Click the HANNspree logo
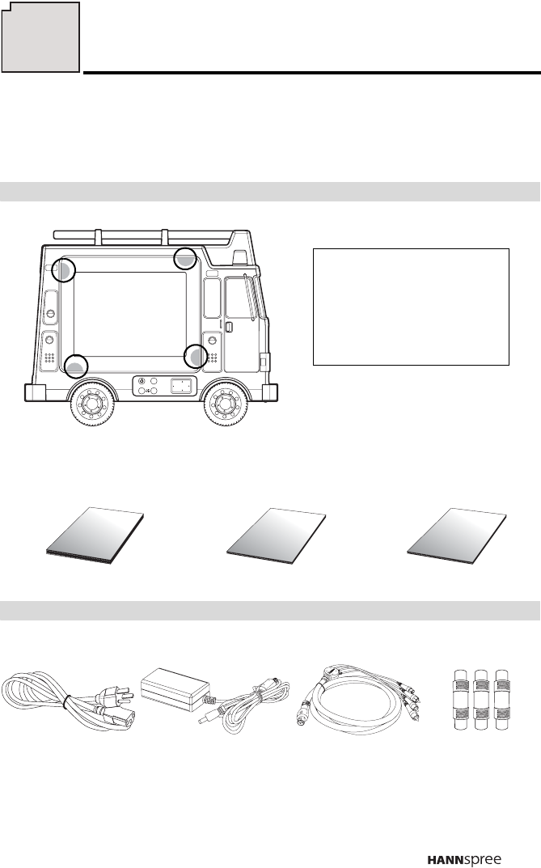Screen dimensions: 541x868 pos(464,860)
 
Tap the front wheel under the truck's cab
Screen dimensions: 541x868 pos(224,404)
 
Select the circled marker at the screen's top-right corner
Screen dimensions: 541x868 pos(185,259)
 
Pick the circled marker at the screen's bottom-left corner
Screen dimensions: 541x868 pos(76,366)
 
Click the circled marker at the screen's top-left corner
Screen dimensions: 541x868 pos(64,269)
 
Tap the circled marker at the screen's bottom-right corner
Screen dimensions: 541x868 pos(196,356)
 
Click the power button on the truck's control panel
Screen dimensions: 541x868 pos(142,381)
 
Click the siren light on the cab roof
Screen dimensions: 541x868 pos(239,256)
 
